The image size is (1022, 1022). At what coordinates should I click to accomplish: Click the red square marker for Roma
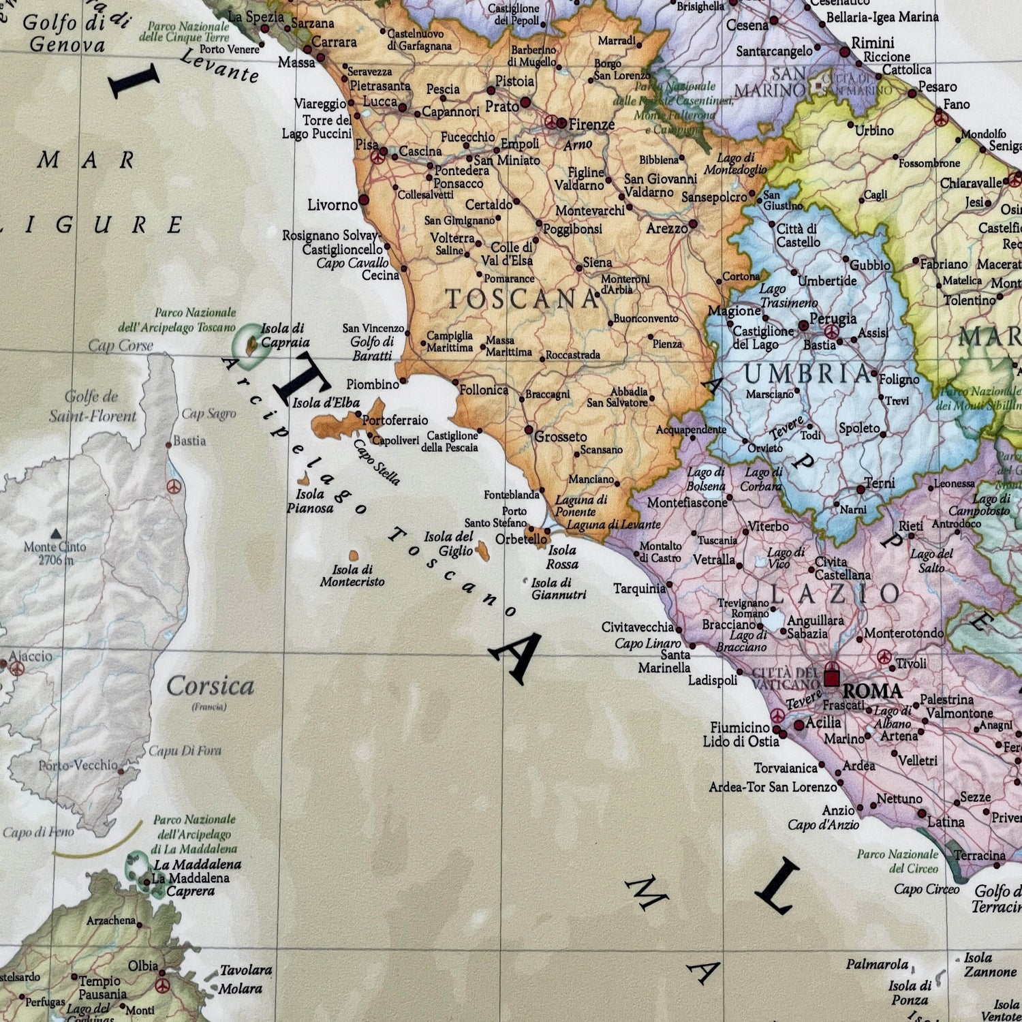[x=831, y=677]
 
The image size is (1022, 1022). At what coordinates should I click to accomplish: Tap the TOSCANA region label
[x=522, y=299]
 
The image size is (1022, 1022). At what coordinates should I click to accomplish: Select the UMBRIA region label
[x=808, y=374]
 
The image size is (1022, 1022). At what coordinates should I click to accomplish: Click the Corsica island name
[x=210, y=686]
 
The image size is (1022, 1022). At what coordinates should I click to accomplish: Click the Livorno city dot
[x=364, y=200]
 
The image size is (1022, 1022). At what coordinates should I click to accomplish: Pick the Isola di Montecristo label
[x=352, y=576]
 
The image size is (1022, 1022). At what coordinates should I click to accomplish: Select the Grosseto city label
[x=561, y=437]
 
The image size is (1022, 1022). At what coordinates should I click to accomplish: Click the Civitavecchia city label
[x=637, y=627]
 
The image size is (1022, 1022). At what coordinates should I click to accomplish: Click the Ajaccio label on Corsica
[x=31, y=656]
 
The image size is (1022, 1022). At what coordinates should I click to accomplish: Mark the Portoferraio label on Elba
[x=395, y=420]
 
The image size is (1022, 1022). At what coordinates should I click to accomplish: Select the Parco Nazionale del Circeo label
[x=897, y=861]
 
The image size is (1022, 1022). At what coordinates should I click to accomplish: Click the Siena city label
[x=597, y=262]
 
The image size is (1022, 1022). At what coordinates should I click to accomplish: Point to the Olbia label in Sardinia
[x=143, y=966]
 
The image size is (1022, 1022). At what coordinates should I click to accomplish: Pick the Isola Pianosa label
[x=310, y=501]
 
